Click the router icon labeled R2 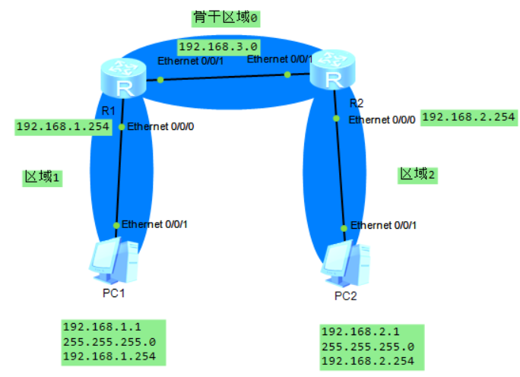pyautogui.click(x=332, y=71)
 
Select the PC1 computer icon pyautogui.click(x=114, y=259)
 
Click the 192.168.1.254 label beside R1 pyautogui.click(x=63, y=126)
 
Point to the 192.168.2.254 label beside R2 pyautogui.click(x=468, y=117)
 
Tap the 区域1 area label pyautogui.click(x=42, y=177)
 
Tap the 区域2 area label pyautogui.click(x=419, y=174)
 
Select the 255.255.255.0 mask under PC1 pyautogui.click(x=109, y=342)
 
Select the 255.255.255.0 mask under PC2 pyautogui.click(x=369, y=347)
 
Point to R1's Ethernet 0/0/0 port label pyautogui.click(x=161, y=126)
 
